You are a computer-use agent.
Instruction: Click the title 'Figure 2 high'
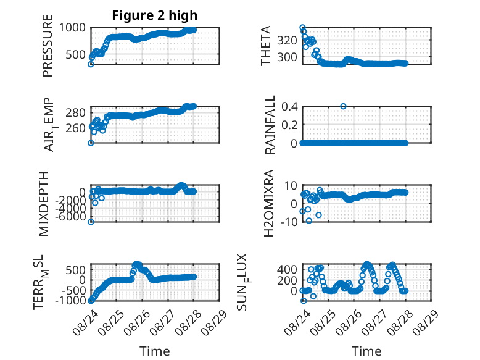coord(155,15)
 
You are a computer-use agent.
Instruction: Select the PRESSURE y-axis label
coord(48,46)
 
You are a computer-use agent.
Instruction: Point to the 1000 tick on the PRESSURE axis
coord(72,28)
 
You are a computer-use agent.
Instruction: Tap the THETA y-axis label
coord(266,46)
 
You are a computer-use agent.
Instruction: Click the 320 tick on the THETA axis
coord(287,40)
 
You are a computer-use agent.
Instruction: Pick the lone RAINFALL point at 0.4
coord(343,106)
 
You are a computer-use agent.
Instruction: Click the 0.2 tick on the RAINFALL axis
coord(289,125)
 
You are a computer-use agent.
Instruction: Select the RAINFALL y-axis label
coord(270,125)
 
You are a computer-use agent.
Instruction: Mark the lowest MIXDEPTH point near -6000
coord(91,222)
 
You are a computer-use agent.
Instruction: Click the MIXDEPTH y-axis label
coord(44,204)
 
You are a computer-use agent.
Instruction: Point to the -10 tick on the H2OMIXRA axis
coord(289,222)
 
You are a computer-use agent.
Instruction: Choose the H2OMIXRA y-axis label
coord(269,203)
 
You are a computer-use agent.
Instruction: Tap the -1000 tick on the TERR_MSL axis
coord(70,300)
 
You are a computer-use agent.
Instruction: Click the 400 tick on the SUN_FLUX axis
coord(287,270)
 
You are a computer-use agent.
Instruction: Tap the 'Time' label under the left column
coord(155,351)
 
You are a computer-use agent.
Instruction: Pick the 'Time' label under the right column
coord(366,351)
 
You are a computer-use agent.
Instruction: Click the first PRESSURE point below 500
coord(91,64)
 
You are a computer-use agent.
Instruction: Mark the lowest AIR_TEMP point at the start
coord(91,143)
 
